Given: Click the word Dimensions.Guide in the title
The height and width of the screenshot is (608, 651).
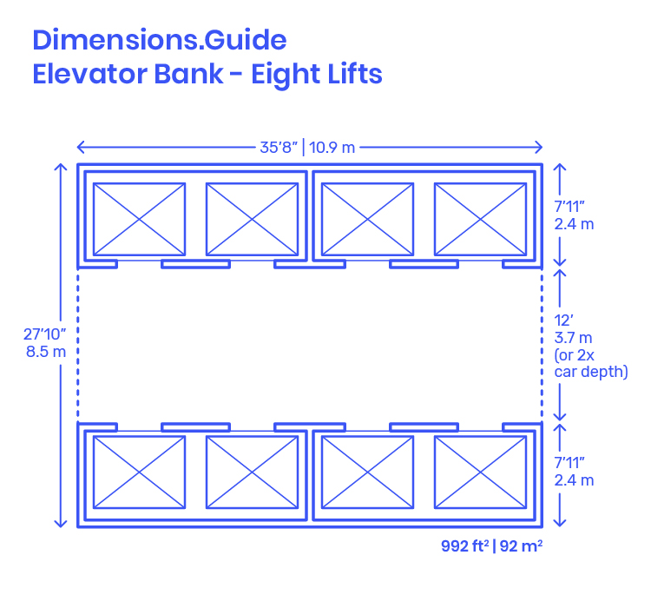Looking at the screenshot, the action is click(160, 40).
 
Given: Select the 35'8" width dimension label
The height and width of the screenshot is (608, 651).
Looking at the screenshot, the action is click(279, 147).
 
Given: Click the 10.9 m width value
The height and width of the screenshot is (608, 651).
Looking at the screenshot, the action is click(332, 148).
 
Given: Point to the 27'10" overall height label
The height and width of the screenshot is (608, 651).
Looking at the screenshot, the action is click(45, 334).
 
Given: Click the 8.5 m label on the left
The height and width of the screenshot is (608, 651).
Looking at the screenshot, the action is click(46, 352).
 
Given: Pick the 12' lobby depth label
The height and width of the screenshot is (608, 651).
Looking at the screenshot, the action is click(563, 321).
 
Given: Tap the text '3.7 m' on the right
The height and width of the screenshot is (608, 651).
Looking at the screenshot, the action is click(573, 338).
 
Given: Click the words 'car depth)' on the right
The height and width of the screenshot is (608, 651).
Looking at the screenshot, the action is click(591, 372).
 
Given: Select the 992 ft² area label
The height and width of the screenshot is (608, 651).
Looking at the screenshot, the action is click(465, 546).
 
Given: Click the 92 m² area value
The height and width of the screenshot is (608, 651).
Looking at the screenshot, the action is click(521, 546).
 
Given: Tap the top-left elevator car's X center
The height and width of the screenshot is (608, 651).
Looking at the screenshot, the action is click(139, 219).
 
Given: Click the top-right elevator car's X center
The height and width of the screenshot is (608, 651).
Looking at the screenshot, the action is click(480, 219).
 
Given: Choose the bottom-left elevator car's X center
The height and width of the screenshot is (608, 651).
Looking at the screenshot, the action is click(139, 473).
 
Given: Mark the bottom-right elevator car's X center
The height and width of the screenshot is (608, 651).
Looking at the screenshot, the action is click(480, 473).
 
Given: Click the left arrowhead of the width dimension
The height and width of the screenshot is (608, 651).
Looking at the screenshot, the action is click(78, 147).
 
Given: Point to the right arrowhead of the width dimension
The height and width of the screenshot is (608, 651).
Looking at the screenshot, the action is click(542, 147).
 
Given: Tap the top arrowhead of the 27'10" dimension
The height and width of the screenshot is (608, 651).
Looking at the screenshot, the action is click(61, 164).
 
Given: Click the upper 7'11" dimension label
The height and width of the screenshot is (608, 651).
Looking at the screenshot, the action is click(569, 206).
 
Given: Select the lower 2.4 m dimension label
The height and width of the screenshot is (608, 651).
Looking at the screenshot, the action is click(574, 480).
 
